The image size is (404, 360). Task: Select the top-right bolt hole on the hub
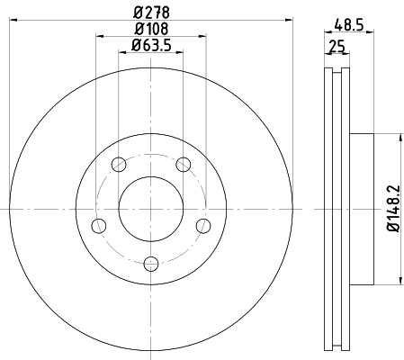184,164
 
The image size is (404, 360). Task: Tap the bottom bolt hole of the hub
151,263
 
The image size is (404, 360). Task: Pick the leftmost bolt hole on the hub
99,225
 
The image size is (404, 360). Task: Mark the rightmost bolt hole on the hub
203,225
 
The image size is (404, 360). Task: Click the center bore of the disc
151,208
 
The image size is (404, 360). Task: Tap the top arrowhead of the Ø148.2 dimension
394,138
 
